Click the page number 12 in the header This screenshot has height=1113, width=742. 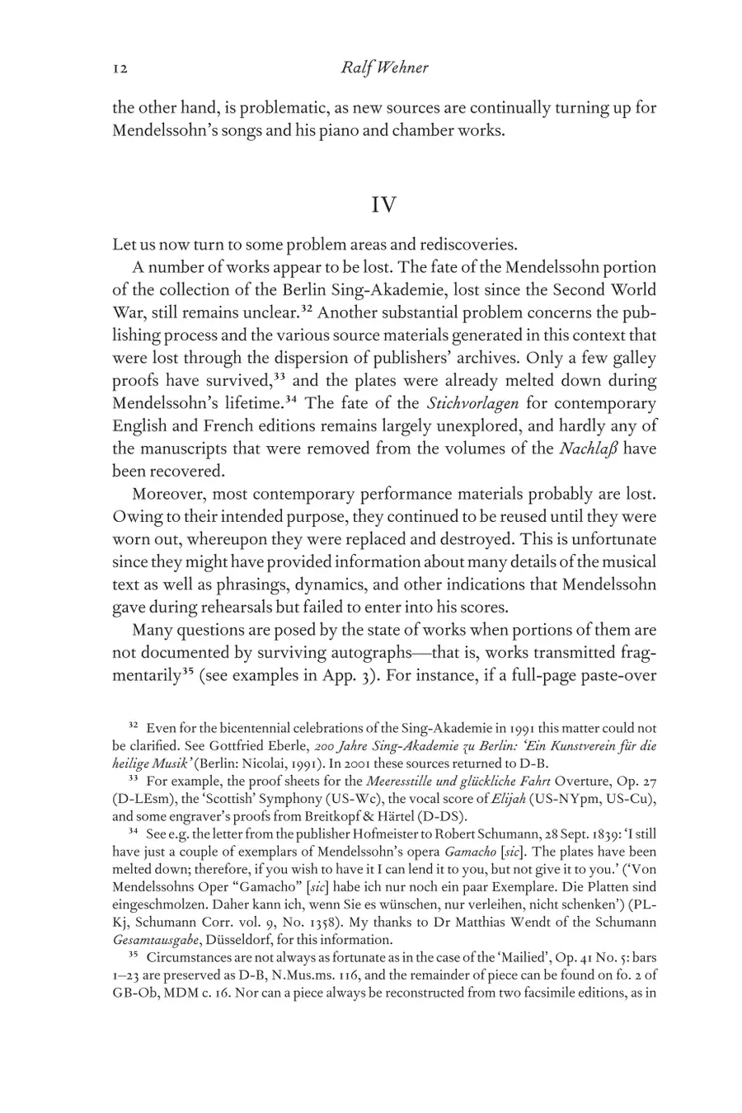pyautogui.click(x=120, y=68)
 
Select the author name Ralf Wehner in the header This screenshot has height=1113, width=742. pyautogui.click(x=384, y=68)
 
